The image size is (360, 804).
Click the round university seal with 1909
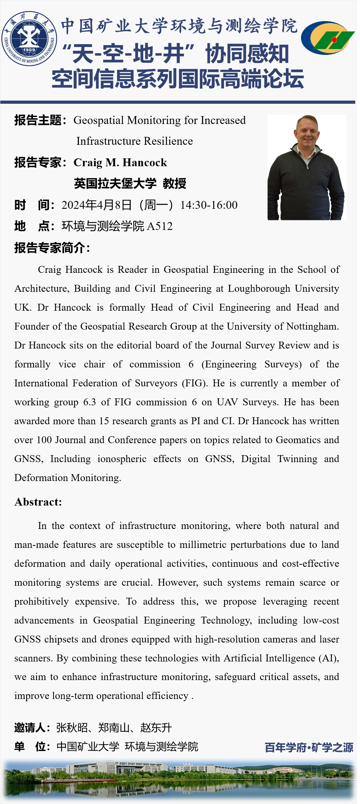(x=29, y=38)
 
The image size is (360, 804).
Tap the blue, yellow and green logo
(x=328, y=38)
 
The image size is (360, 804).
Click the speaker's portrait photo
(x=306, y=167)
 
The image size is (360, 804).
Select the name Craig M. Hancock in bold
(x=120, y=162)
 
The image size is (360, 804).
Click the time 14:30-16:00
(x=209, y=205)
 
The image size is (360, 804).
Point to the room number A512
(x=160, y=226)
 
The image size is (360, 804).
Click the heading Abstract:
(x=38, y=502)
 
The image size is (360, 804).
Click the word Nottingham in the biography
(x=312, y=326)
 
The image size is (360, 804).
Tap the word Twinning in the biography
(x=297, y=459)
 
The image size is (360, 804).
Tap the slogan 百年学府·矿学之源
(x=309, y=747)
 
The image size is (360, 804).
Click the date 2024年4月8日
(x=97, y=205)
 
